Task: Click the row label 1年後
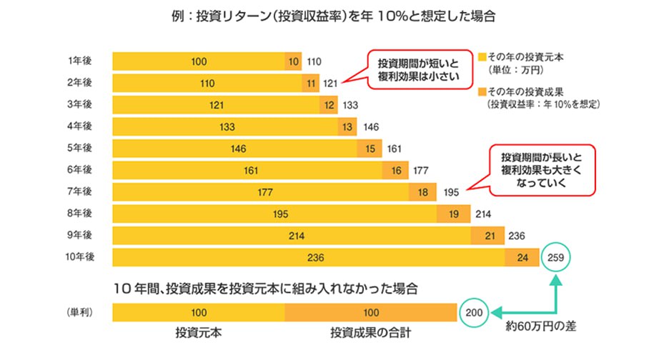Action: [79, 61]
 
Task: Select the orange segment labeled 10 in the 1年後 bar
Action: [293, 61]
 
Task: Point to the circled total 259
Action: [557, 256]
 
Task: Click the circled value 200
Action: [473, 311]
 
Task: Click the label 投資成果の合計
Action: [371, 332]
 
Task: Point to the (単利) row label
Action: [79, 312]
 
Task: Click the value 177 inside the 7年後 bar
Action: [260, 191]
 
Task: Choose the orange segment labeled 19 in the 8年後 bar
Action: [453, 213]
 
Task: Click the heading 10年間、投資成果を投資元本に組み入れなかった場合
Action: [265, 288]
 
